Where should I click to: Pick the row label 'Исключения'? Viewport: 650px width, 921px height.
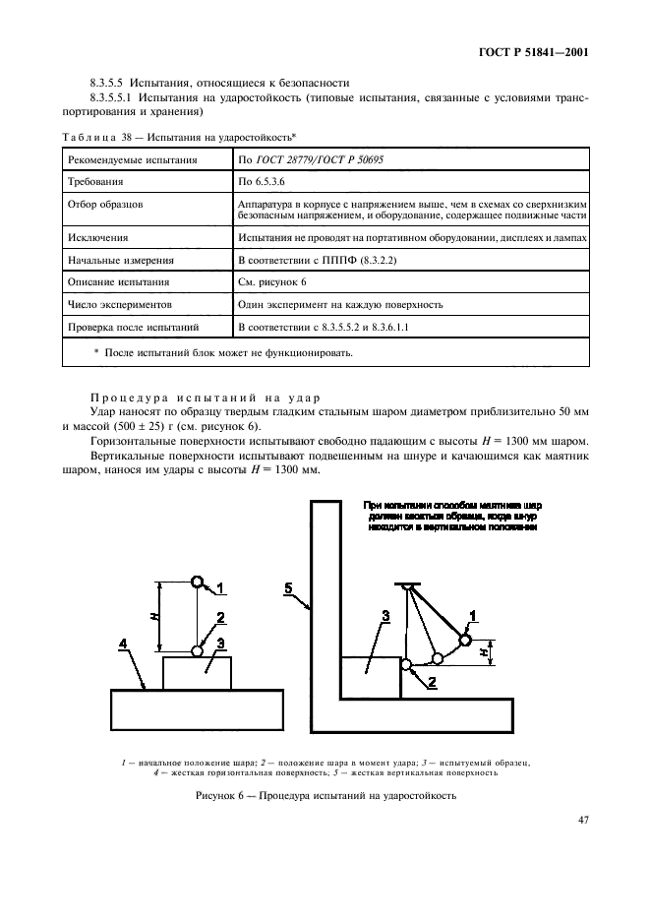pos(96,237)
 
